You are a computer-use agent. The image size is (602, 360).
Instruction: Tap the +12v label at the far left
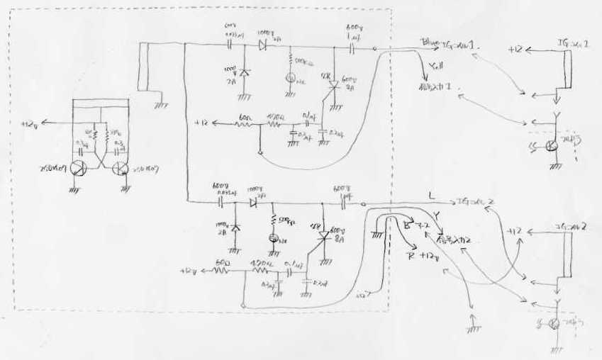tap(31, 123)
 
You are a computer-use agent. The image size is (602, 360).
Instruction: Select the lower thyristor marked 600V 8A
tap(323, 238)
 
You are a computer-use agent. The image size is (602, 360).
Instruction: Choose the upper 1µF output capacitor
tap(352, 48)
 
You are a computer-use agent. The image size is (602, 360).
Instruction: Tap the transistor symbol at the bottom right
tap(554, 323)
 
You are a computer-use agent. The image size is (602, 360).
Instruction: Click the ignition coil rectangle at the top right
tap(565, 69)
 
